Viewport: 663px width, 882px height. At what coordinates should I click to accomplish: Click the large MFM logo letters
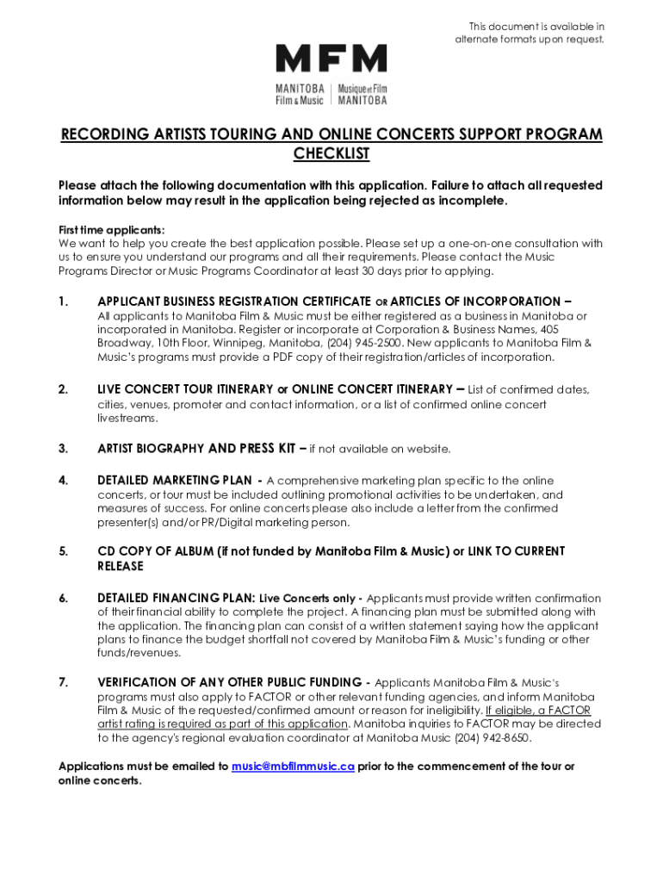tap(331, 59)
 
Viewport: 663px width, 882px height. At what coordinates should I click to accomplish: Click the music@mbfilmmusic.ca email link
tap(293, 767)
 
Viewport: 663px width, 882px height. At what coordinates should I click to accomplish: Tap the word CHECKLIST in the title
tap(331, 154)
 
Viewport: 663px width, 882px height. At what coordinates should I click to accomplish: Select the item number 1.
tap(62, 301)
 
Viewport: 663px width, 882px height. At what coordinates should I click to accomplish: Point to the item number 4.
tap(63, 481)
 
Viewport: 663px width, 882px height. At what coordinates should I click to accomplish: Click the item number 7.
tap(63, 683)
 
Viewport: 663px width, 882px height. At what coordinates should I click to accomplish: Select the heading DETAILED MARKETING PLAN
tap(175, 481)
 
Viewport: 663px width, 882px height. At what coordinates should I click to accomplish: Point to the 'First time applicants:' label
tap(111, 230)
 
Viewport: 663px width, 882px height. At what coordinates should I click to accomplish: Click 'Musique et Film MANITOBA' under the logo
tap(362, 95)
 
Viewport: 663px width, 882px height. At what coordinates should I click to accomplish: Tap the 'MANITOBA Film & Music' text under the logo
tap(300, 95)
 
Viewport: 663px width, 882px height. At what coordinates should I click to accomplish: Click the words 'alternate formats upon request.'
tap(530, 40)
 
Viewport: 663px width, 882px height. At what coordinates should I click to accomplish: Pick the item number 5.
tap(63, 551)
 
